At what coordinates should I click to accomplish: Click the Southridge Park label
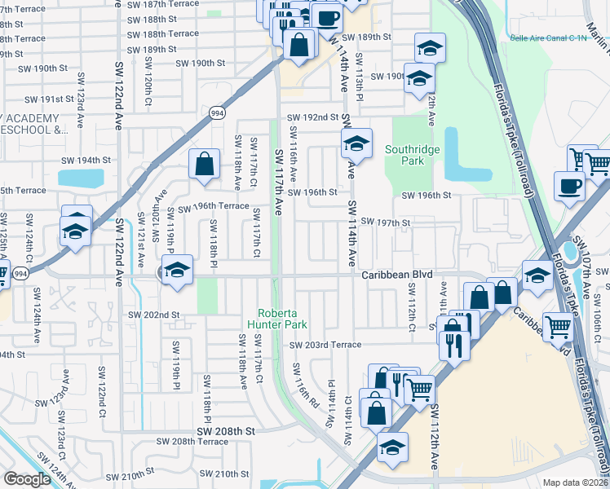click(x=413, y=155)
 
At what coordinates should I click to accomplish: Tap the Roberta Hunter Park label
click(x=282, y=318)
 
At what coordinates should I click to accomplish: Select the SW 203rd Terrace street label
click(x=325, y=345)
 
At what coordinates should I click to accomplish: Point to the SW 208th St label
click(x=226, y=430)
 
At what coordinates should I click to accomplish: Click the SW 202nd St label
click(x=154, y=314)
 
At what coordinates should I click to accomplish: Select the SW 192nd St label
click(x=313, y=117)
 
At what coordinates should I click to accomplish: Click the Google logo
click(x=27, y=479)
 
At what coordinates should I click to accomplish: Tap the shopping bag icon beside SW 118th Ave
click(x=204, y=165)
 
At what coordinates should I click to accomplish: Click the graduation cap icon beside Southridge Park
click(x=356, y=145)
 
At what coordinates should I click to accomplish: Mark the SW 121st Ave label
click(x=140, y=244)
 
